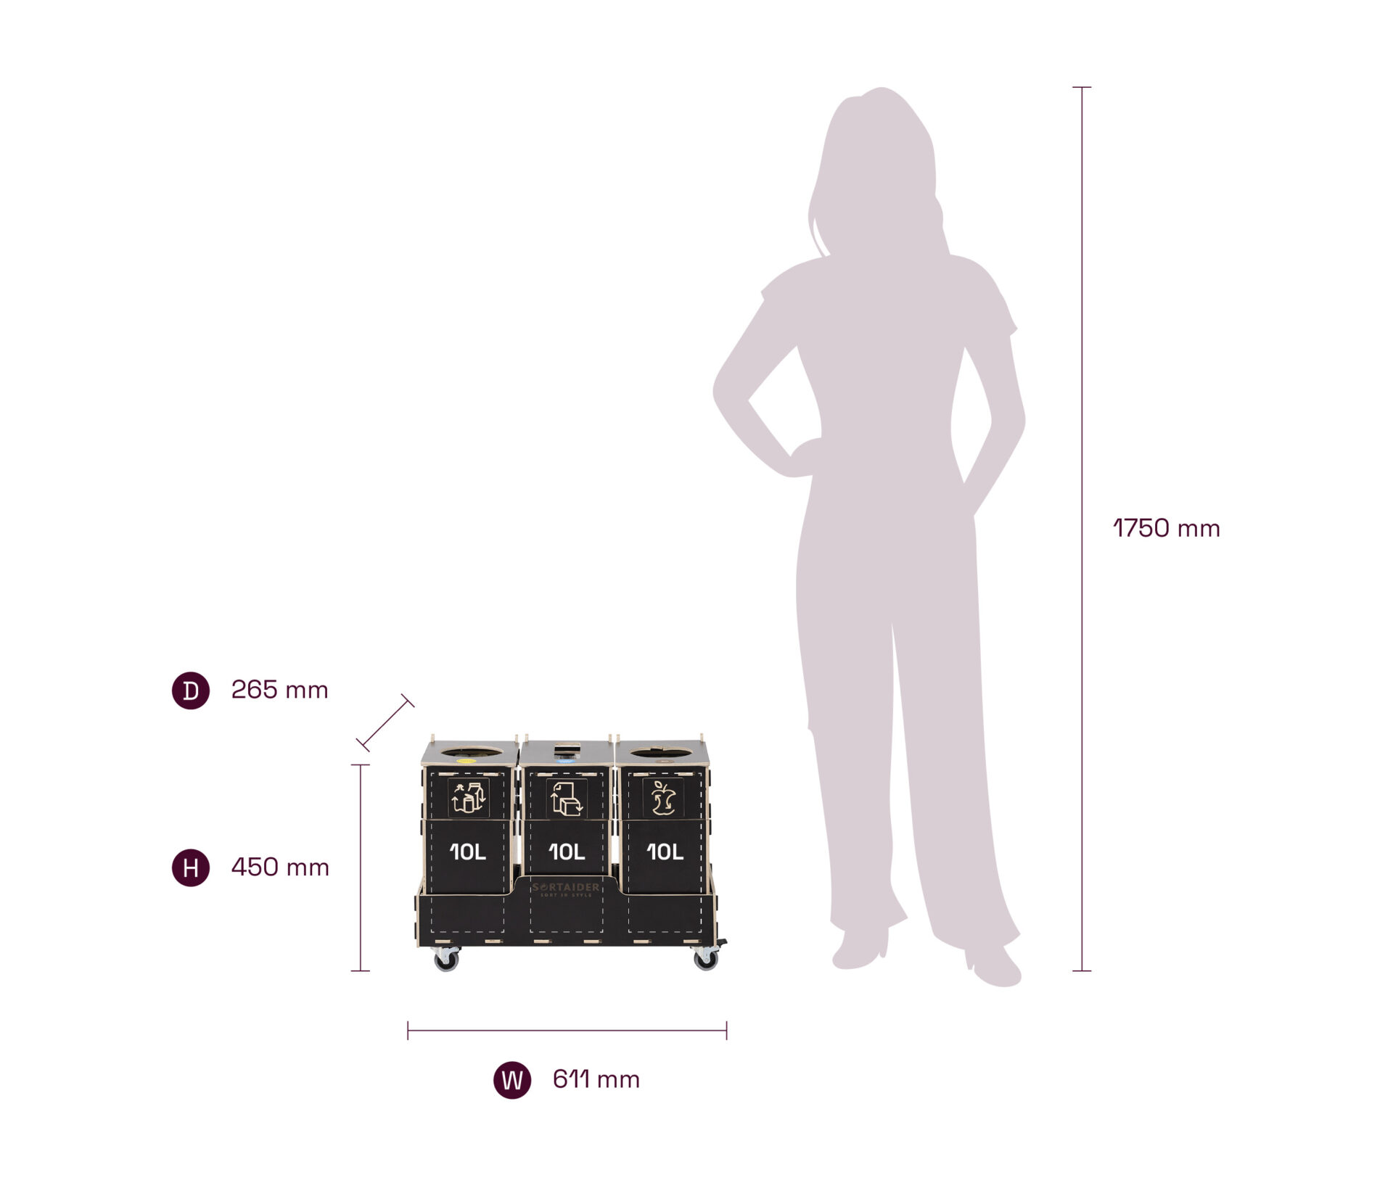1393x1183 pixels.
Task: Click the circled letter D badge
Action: click(x=191, y=691)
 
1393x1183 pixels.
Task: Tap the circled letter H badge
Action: click(x=191, y=867)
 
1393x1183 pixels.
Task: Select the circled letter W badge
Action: click(x=512, y=1080)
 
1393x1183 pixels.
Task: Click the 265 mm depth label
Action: click(x=279, y=690)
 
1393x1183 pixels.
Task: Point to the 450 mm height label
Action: click(x=280, y=867)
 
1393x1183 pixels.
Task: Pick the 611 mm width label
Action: click(x=596, y=1080)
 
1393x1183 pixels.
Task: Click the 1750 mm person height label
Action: click(x=1167, y=529)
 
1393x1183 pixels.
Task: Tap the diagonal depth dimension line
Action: click(x=385, y=722)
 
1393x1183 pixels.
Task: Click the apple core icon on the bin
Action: click(x=662, y=798)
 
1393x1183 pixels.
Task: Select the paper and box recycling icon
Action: click(x=566, y=799)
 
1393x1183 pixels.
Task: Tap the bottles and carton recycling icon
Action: click(x=468, y=798)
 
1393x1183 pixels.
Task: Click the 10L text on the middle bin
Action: click(x=567, y=852)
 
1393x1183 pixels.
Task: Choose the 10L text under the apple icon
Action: click(x=665, y=852)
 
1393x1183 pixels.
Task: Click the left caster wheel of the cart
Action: click(x=445, y=960)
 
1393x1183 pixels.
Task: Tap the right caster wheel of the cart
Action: click(x=705, y=960)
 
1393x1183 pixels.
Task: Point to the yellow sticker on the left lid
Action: click(x=465, y=761)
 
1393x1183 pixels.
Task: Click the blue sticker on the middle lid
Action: click(x=564, y=761)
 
